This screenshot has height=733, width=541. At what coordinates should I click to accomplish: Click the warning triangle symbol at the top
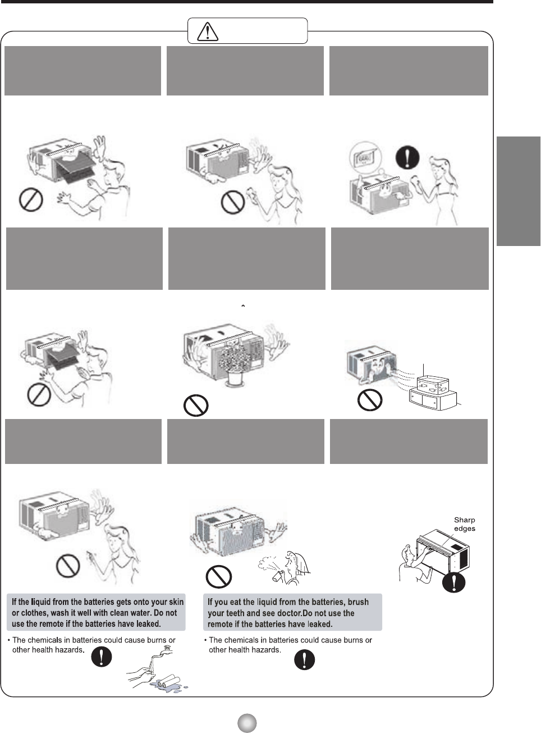tap(208, 31)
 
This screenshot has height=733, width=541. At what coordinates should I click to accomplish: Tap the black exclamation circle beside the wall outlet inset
tap(407, 157)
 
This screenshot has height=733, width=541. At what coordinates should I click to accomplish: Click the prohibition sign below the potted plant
tap(196, 405)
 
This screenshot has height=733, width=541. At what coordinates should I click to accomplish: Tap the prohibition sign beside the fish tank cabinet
tap(370, 400)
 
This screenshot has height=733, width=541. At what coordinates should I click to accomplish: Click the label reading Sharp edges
tap(465, 524)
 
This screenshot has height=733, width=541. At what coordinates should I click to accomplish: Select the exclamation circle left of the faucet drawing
tap(101, 657)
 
